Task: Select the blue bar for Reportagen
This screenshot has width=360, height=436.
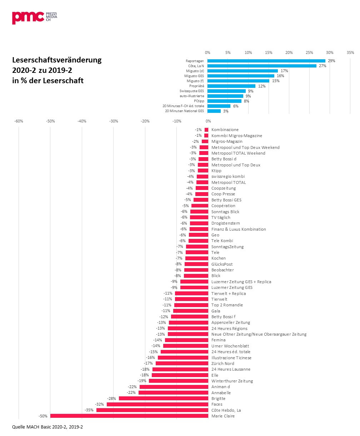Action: click(266, 61)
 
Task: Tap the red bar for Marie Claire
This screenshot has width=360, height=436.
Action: click(129, 416)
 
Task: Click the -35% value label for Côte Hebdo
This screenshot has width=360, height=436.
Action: click(89, 410)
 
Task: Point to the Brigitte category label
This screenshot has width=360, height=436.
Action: click(219, 399)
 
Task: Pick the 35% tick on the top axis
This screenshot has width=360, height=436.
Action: click(350, 52)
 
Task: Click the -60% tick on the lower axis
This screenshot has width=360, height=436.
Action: click(19, 121)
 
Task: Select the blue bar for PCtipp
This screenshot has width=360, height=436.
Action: click(224, 101)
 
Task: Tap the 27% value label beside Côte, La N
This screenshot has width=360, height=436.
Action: click(323, 66)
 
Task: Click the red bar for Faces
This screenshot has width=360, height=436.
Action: click(157, 404)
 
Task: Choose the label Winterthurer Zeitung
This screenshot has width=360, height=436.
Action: click(232, 381)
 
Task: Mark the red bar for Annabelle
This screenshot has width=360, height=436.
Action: click(173, 393)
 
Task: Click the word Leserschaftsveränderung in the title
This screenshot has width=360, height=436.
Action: click(57, 60)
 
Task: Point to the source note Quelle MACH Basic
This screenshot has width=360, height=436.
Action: click(47, 427)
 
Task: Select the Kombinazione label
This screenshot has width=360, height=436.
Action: click(225, 130)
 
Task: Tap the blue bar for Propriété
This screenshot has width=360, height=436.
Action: click(231, 86)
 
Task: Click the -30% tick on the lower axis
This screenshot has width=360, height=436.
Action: click(114, 121)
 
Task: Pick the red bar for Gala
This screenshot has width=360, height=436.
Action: click(191, 311)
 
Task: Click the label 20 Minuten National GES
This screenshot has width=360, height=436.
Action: click(184, 111)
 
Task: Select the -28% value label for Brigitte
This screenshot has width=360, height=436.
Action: click(111, 399)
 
